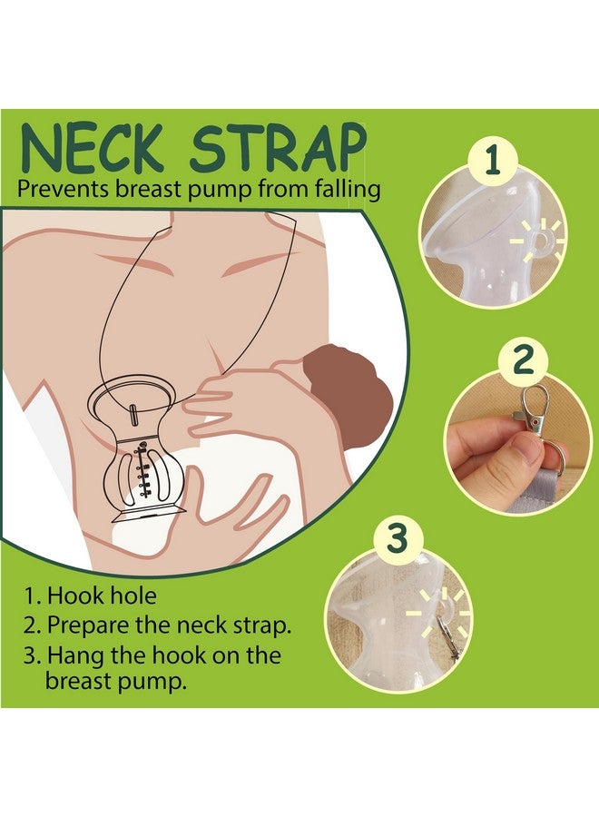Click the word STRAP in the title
pyautogui.click(x=274, y=150)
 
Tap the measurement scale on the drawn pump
pyautogui.click(x=142, y=463)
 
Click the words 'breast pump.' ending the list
pyautogui.click(x=115, y=681)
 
